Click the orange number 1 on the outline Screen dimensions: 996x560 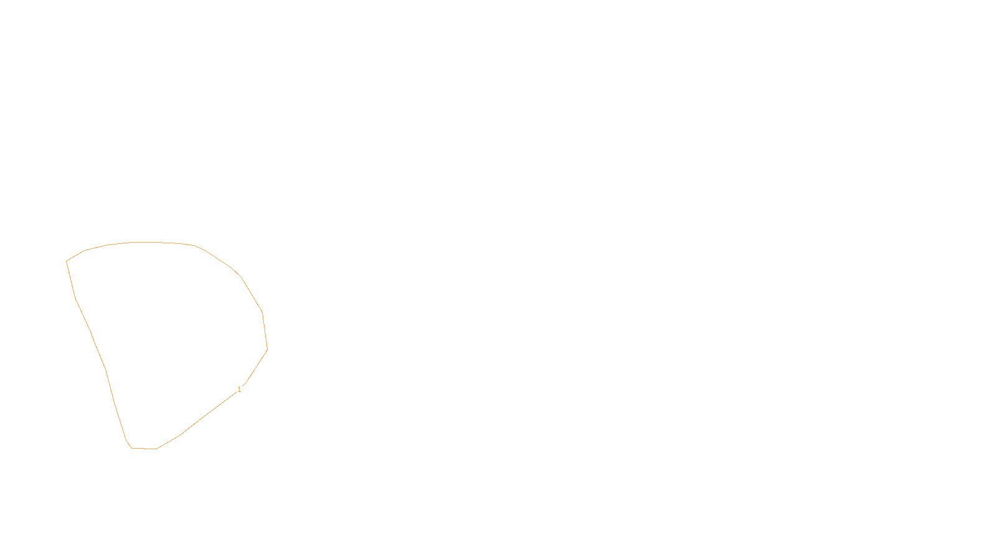pos(239,390)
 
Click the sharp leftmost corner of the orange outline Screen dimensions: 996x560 pos(67,261)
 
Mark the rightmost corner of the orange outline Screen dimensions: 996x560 pos(267,349)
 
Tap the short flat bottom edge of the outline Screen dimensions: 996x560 pos(144,448)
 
